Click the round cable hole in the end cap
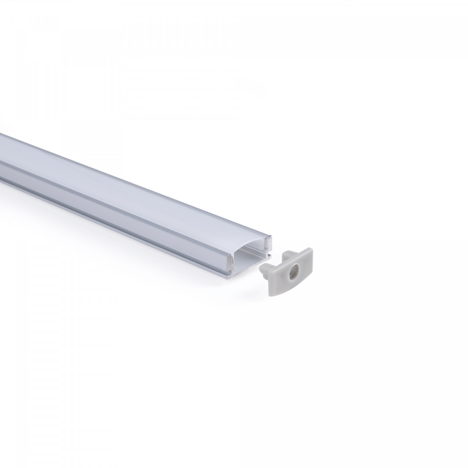294,272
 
